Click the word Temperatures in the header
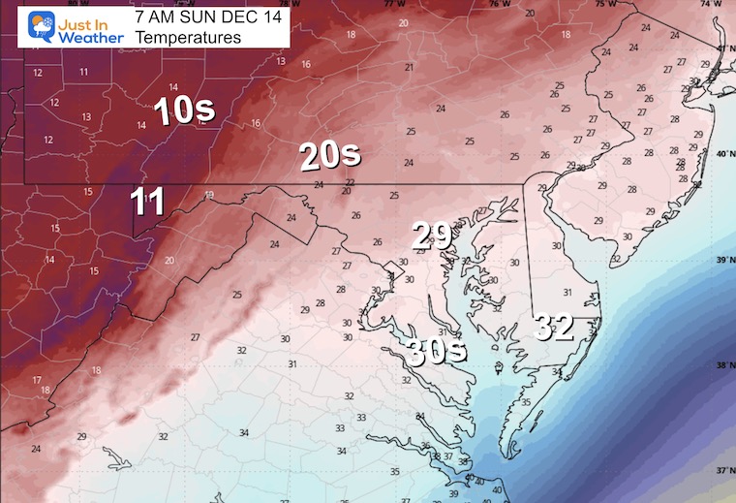click(x=189, y=37)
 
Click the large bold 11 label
click(x=148, y=203)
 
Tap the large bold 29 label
click(x=431, y=235)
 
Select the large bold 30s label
click(x=435, y=350)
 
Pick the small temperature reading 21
click(x=409, y=67)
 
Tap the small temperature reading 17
click(x=37, y=380)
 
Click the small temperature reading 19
click(x=208, y=195)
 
